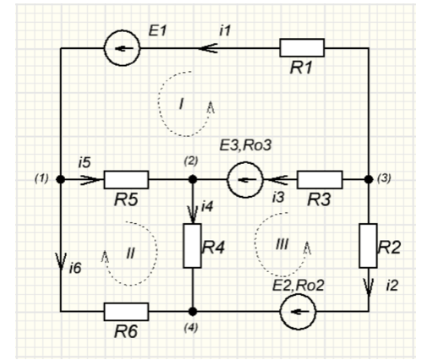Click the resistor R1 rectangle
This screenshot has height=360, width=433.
click(302, 48)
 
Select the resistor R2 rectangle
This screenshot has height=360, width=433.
click(368, 246)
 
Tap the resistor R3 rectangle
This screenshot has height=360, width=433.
click(320, 179)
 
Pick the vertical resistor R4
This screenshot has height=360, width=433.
click(192, 246)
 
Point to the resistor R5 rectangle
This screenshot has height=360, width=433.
click(126, 179)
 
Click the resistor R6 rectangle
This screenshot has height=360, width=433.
click(126, 312)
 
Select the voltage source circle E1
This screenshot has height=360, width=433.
click(122, 48)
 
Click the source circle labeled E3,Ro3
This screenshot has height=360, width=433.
click(245, 179)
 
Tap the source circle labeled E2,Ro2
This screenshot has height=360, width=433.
click(298, 312)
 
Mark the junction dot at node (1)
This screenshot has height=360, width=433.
click(60, 179)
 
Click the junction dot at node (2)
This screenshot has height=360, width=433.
click(192, 179)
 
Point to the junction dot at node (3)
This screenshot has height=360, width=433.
click(368, 179)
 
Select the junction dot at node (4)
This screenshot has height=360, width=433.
click(192, 312)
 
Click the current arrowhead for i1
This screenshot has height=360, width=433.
click(207, 48)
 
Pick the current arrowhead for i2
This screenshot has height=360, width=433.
click(368, 287)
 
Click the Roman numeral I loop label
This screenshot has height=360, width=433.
click(181, 104)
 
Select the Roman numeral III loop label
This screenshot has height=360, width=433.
click(282, 244)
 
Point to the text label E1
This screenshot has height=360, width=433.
click(158, 30)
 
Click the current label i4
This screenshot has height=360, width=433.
click(207, 207)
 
